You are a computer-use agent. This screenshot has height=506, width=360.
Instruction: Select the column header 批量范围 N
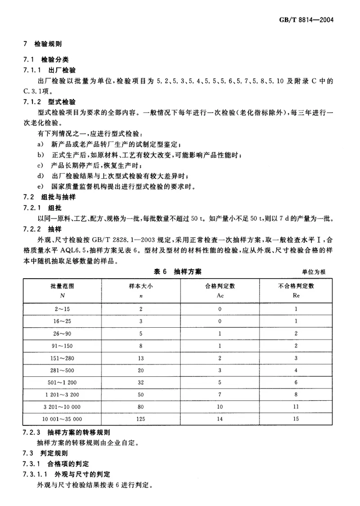pos(63,290)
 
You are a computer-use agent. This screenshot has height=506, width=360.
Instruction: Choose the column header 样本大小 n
pos(141,290)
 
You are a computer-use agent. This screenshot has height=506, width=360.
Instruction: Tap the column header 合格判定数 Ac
pos(220,290)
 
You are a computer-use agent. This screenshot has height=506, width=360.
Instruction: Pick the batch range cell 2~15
pos(63,309)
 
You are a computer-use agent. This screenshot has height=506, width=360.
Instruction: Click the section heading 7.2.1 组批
pos(42,208)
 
